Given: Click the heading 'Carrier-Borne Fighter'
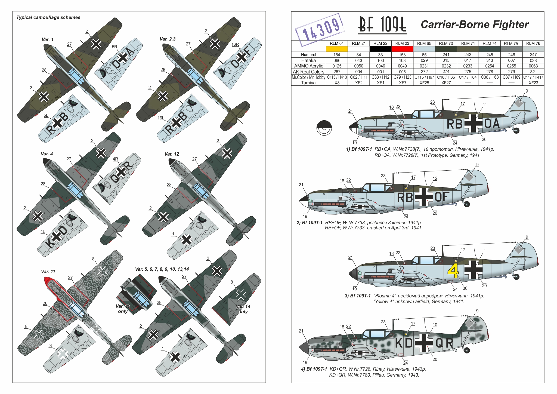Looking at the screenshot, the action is click(475, 24).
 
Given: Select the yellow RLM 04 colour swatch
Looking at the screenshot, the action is click(337, 49).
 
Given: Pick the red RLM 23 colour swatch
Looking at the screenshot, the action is click(402, 49).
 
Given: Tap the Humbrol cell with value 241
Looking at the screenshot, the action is click(446, 55).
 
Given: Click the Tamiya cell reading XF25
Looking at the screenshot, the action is click(424, 83).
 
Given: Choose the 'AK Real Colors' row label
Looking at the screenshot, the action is click(308, 72).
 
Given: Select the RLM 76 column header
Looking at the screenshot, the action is click(533, 43).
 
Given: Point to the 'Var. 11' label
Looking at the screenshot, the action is click(48, 272).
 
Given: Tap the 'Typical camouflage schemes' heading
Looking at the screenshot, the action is click(48, 17).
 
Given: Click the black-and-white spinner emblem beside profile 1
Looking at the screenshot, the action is click(324, 128).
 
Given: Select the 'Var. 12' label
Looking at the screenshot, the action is click(172, 154).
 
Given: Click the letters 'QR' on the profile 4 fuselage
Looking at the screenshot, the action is click(445, 343).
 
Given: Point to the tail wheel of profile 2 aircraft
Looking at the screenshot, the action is click(467, 204).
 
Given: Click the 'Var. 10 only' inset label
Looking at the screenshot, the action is click(123, 309).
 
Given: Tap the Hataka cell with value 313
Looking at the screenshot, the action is click(490, 60).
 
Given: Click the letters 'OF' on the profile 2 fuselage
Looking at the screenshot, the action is click(442, 197).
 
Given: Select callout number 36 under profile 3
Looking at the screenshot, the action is click(465, 288).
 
